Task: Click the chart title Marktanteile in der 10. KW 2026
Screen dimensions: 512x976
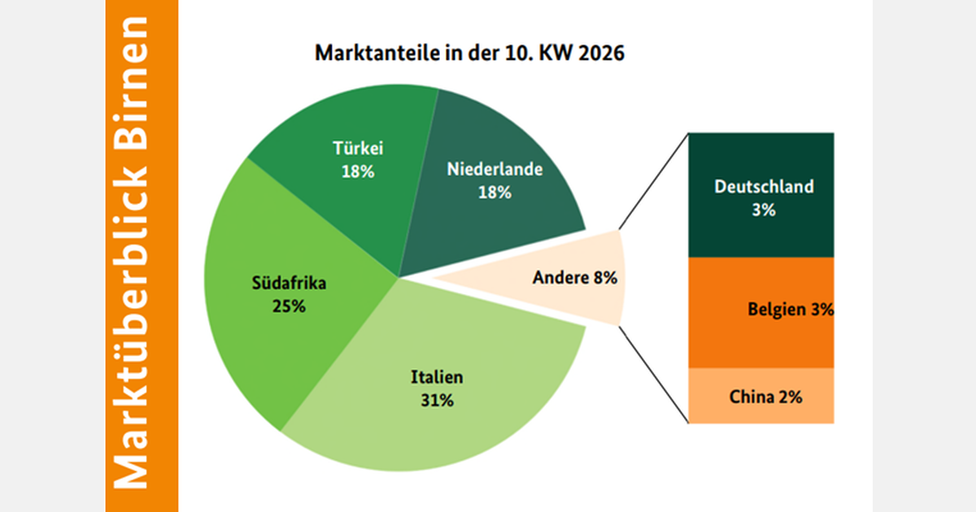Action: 468,55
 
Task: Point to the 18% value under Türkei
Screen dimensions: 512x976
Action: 358,171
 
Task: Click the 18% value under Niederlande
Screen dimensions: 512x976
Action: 495,193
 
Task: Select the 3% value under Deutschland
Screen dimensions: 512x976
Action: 764,210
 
